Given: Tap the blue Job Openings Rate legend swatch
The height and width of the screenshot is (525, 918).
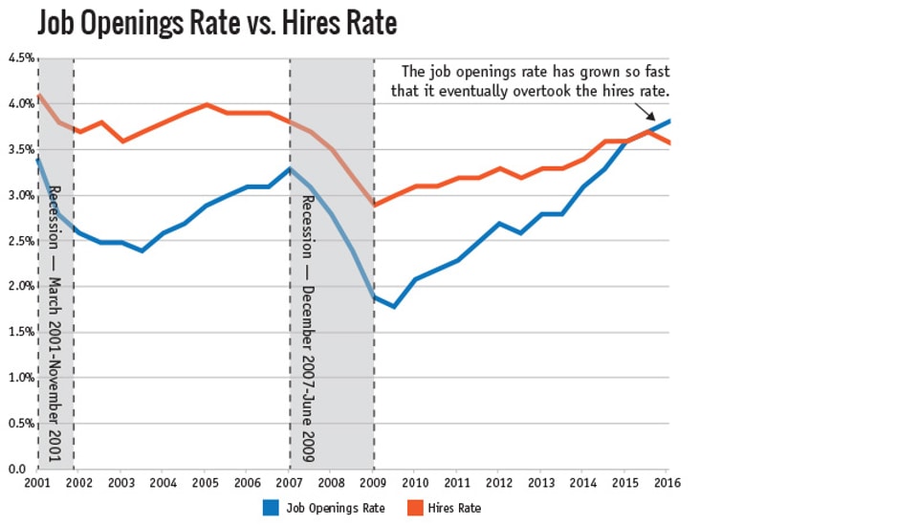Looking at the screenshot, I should click(271, 508).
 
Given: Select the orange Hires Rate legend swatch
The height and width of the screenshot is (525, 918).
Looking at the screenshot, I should click(413, 508).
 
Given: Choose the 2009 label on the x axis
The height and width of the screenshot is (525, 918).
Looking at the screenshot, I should click(373, 483).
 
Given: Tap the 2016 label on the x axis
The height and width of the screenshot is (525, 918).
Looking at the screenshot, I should click(667, 483).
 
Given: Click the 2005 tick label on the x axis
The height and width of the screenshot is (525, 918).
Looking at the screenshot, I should click(206, 483).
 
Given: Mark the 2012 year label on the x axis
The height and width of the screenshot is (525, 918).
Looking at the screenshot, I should click(499, 483).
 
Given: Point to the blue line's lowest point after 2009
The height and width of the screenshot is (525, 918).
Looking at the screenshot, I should click(394, 306).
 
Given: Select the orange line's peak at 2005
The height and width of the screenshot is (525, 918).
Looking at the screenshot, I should click(206, 104).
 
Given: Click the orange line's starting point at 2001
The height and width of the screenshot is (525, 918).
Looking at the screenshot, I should click(38, 95).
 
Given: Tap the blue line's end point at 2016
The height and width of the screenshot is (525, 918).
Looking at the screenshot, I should click(667, 121).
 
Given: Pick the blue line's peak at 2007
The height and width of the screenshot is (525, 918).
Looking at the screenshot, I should click(290, 168).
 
